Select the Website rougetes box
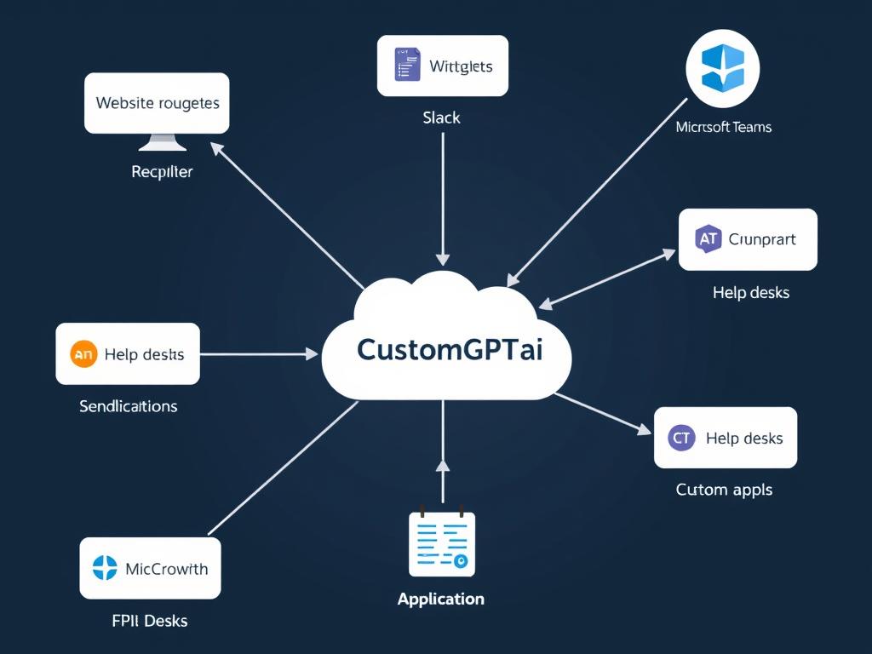point(158,103)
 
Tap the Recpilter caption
point(162,172)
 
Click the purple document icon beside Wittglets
point(407,66)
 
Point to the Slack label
point(441,118)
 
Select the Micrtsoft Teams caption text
point(723,127)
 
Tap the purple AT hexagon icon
point(708,239)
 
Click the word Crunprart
point(762,239)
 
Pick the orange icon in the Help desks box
point(83,353)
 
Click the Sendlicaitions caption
point(129,406)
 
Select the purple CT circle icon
point(680,438)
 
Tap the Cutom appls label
point(724,490)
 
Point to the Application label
point(440,599)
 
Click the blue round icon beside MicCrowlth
point(105,568)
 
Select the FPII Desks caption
point(149,621)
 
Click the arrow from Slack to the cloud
point(443,196)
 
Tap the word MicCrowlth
point(166,569)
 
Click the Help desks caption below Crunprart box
point(750,293)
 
